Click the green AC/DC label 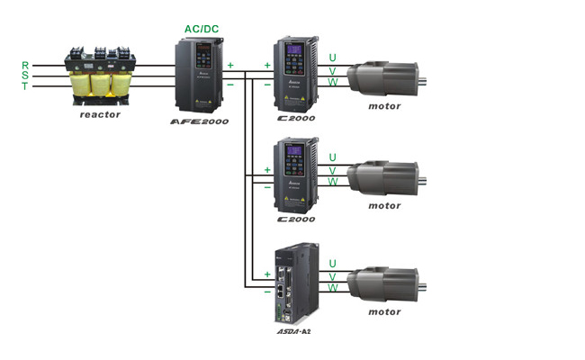pos(202,29)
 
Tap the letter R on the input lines pos(25,65)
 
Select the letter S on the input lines pos(25,75)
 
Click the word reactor pos(100,114)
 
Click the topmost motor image pos(384,76)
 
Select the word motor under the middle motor pos(384,205)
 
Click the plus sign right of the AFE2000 pos(230,65)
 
